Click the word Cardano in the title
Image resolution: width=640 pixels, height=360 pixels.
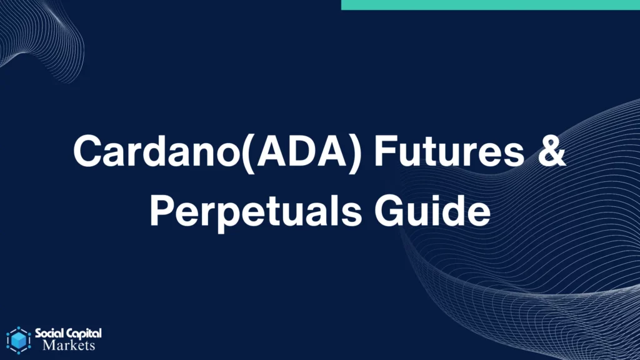[x=157, y=151]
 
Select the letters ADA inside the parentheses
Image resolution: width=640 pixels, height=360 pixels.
[x=302, y=151]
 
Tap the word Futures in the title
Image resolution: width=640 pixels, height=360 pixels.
[x=449, y=151]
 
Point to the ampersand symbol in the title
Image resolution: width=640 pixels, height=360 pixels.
[x=552, y=151]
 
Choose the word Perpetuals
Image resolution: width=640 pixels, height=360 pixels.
[x=256, y=211]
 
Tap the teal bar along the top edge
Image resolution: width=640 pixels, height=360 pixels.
[x=490, y=5]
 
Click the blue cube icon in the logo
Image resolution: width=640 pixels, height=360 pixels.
[x=19, y=340]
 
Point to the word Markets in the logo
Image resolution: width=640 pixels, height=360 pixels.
[x=69, y=345]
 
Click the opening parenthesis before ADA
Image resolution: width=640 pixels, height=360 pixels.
[x=249, y=152]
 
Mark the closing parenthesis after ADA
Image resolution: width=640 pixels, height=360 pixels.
[x=355, y=152]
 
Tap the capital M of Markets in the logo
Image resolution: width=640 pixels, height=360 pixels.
[x=49, y=345]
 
